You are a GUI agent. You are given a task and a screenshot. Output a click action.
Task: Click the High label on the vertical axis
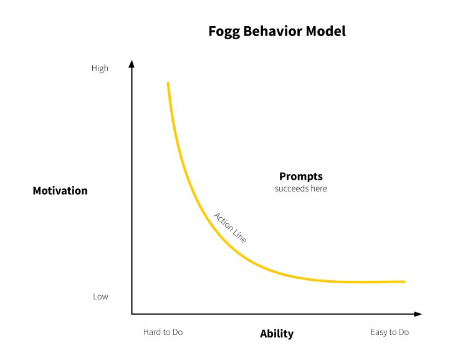pyautogui.click(x=100, y=69)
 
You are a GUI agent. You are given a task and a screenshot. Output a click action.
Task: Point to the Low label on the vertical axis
pyautogui.click(x=100, y=296)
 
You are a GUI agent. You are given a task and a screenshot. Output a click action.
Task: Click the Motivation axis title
pyautogui.click(x=60, y=191)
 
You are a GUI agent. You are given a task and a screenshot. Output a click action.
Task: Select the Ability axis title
pyautogui.click(x=277, y=334)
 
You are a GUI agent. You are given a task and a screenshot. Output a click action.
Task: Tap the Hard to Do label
pyautogui.click(x=163, y=332)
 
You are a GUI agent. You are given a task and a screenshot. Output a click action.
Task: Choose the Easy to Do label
pyautogui.click(x=390, y=332)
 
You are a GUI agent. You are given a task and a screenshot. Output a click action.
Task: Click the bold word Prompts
pyautogui.click(x=300, y=177)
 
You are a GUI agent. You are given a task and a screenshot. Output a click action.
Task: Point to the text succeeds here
pyautogui.click(x=300, y=188)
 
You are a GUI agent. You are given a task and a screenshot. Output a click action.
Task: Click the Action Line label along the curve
pyautogui.click(x=230, y=228)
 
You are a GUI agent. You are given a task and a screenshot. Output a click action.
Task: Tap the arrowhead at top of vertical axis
pyautogui.click(x=132, y=63)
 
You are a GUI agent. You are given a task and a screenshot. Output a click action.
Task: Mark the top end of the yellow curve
pyautogui.click(x=168, y=83)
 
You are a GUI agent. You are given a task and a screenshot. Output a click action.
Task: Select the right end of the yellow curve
pyautogui.click(x=404, y=281)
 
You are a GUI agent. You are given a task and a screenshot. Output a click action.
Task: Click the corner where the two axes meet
pyautogui.click(x=132, y=314)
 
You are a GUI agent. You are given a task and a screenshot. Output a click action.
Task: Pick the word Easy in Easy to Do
pyautogui.click(x=379, y=332)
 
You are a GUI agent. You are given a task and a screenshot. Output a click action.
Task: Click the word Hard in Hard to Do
pyautogui.click(x=152, y=332)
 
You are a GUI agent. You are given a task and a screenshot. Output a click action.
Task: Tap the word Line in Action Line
pyautogui.click(x=239, y=235)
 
